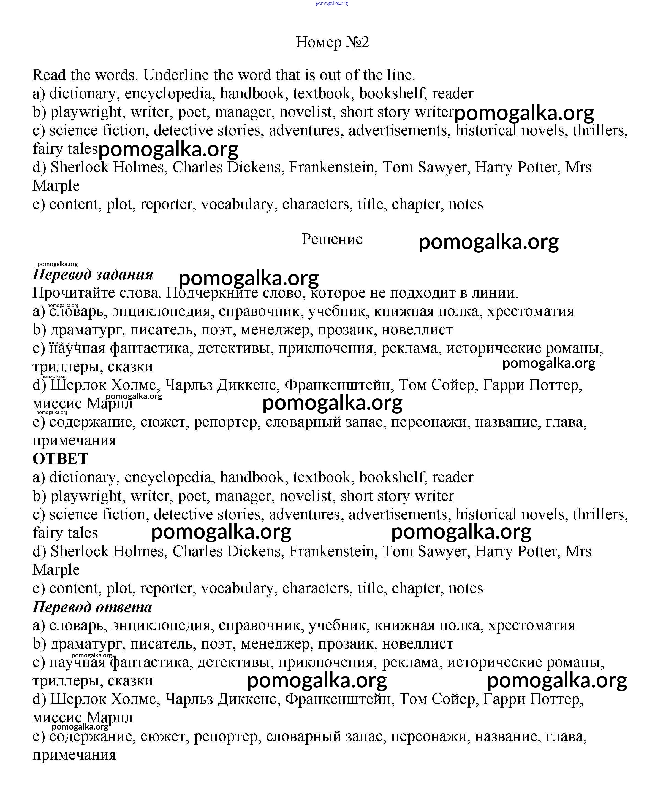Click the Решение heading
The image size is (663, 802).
pos(332,239)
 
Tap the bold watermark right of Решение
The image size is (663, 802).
pos(488,242)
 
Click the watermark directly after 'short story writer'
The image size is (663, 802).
pos(524,113)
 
